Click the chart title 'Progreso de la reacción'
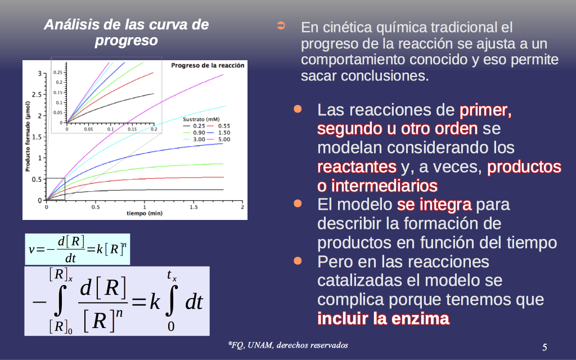tap(208, 65)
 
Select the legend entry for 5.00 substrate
tap(219, 139)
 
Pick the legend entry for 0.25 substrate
tap(193, 126)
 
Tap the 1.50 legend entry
tap(219, 133)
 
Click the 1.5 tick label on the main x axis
tap(193, 207)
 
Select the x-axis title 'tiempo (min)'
tap(145, 213)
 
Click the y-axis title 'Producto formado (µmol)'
tap(28, 136)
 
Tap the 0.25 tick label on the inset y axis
tap(58, 73)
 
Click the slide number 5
tap(544, 346)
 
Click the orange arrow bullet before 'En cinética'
tap(281, 25)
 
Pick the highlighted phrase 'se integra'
tap(434, 204)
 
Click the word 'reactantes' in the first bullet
tap(357, 166)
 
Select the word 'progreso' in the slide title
tap(127, 40)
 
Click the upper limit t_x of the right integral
tap(172, 275)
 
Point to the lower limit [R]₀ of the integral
tap(61, 327)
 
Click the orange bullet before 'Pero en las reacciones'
tap(298, 261)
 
